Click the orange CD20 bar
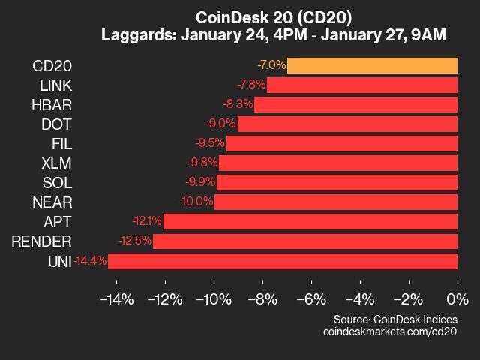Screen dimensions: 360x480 (x=372, y=65)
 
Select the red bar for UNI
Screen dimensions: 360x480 (x=283, y=261)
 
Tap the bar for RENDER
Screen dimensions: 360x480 (x=305, y=241)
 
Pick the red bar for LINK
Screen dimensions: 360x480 (x=362, y=85)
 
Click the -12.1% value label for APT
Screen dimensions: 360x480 (x=146, y=221)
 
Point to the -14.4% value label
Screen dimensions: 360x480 (x=91, y=261)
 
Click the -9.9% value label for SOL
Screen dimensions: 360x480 (x=200, y=182)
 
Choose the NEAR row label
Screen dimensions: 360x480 (x=52, y=202)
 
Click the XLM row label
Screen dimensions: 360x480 (x=57, y=163)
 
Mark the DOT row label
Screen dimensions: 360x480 (x=58, y=124)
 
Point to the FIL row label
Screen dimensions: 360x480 (x=61, y=143)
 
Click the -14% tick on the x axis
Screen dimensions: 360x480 (x=116, y=299)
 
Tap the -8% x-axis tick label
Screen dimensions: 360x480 (x=262, y=299)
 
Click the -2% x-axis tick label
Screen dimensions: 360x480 (x=409, y=299)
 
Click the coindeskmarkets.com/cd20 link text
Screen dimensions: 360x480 (x=390, y=331)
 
